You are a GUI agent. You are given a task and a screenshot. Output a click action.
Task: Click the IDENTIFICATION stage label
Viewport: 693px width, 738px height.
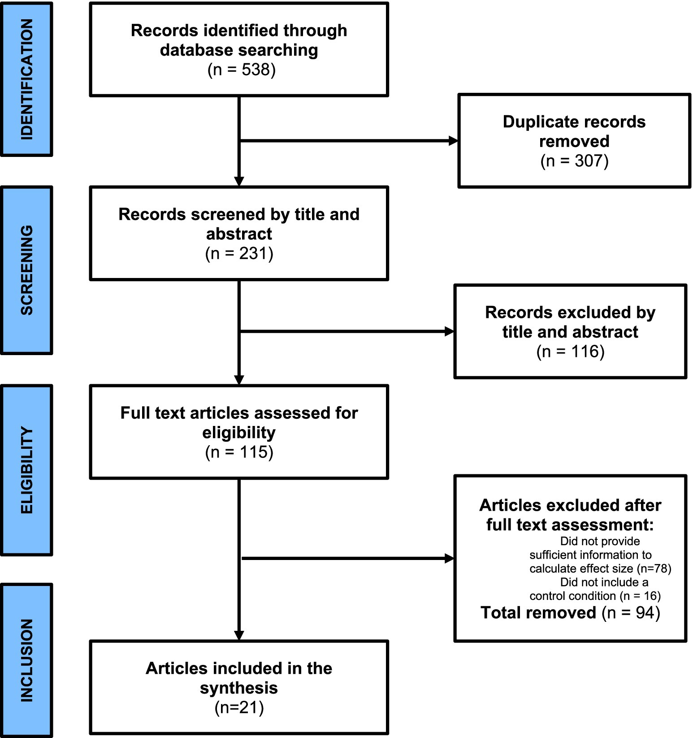(27, 79)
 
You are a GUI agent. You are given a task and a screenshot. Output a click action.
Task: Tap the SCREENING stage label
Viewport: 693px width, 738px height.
(27, 270)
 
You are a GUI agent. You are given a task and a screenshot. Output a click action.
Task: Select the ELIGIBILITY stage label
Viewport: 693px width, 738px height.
(27, 470)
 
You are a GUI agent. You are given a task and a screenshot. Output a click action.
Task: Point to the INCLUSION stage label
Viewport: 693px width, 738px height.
(27, 660)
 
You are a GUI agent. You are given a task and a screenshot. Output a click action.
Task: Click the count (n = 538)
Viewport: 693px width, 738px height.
(241, 70)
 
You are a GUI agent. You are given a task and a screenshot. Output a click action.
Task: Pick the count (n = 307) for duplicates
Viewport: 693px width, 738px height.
(574, 161)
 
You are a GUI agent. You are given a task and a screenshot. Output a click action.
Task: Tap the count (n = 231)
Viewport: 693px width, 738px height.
(239, 254)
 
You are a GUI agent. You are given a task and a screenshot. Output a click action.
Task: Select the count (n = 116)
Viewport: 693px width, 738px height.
(570, 352)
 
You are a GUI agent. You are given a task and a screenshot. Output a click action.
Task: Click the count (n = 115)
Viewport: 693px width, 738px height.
(239, 452)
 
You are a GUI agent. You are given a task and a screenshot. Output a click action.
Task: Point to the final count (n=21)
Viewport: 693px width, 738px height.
(239, 708)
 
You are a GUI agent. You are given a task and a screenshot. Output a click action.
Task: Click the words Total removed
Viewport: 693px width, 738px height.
(538, 612)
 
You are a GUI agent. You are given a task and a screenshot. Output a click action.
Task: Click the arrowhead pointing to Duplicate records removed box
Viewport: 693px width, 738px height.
(453, 141)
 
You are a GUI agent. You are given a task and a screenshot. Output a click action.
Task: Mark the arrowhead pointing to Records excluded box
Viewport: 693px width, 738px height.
(449, 332)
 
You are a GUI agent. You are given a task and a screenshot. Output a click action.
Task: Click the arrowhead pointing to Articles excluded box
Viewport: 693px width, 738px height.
(449, 559)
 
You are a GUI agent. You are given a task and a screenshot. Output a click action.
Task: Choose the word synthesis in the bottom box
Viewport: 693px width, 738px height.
(239, 688)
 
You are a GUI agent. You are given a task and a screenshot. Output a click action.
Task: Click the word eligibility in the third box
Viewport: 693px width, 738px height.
(239, 433)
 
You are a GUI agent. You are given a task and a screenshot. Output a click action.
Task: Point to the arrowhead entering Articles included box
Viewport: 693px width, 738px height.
(239, 635)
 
